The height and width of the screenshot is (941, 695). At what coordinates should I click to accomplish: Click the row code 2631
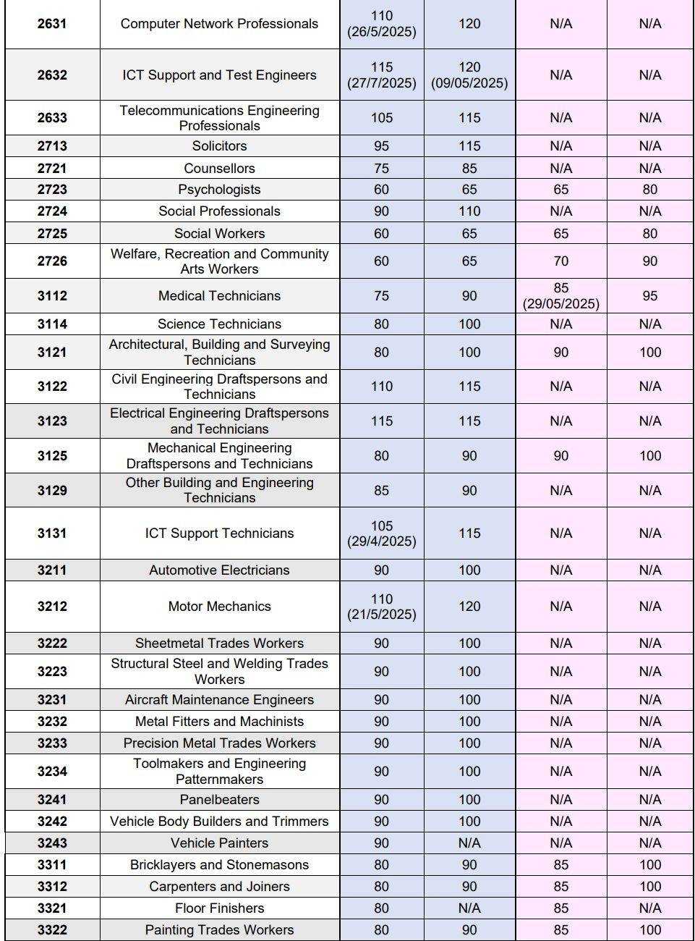[x=52, y=24]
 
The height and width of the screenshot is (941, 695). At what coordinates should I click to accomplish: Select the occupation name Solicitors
[x=219, y=146]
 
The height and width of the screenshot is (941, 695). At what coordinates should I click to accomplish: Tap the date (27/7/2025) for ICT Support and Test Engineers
[x=382, y=83]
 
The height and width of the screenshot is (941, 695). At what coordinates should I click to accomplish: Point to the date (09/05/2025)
[x=469, y=83]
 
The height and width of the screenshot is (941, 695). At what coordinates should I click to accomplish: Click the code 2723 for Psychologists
[x=52, y=190]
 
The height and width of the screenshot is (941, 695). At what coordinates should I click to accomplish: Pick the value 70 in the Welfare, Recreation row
[x=560, y=261]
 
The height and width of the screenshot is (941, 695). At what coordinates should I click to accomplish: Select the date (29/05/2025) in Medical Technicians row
[x=560, y=304]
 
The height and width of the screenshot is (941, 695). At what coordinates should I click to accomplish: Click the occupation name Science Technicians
[x=219, y=324]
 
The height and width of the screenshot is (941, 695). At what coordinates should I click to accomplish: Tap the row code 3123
[x=52, y=421]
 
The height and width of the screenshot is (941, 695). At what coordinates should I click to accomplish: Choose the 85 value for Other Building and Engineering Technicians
[x=381, y=491]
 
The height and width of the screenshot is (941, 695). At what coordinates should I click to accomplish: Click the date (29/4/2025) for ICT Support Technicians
[x=382, y=541]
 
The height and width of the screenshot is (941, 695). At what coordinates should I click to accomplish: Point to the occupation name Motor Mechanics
[x=219, y=607]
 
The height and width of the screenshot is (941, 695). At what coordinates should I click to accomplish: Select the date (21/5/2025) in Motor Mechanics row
[x=382, y=615]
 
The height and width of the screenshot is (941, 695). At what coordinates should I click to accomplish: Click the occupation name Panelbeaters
[x=219, y=799]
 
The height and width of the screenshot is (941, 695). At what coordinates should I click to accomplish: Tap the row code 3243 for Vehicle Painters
[x=52, y=843]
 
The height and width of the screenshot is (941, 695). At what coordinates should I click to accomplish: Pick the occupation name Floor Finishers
[x=219, y=908]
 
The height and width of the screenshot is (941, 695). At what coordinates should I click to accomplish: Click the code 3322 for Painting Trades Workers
[x=52, y=930]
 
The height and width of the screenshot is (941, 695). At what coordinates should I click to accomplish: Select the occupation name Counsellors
[x=219, y=169]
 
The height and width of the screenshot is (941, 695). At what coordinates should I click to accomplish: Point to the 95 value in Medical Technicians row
[x=649, y=296]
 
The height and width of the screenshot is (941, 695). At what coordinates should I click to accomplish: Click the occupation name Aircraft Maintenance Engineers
[x=219, y=700]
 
